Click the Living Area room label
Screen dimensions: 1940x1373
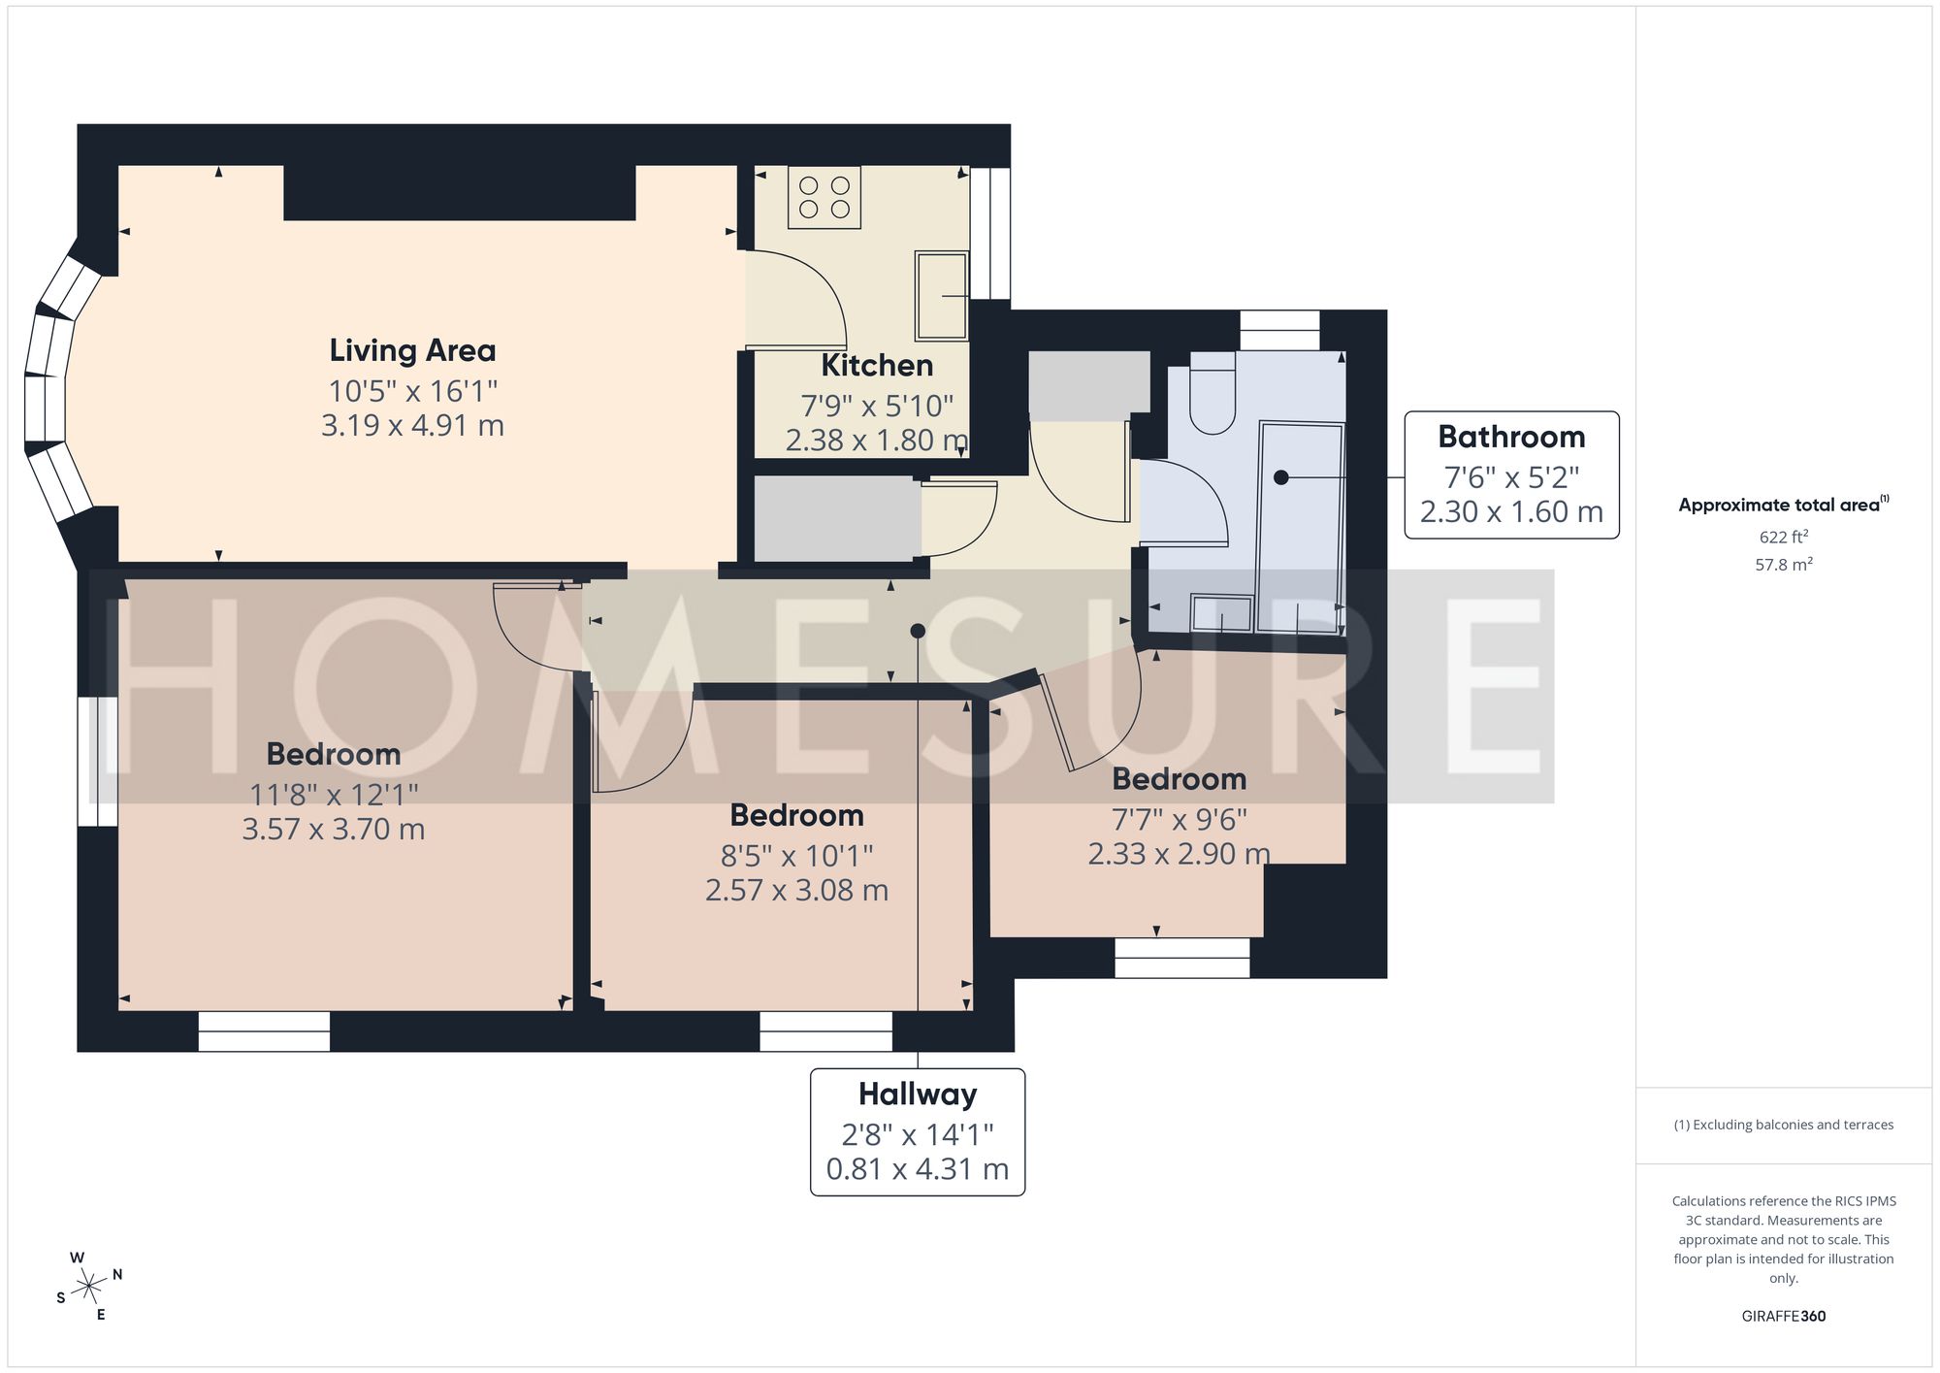[x=412, y=350]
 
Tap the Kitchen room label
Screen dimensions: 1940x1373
[x=877, y=366]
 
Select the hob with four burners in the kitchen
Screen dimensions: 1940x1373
[x=824, y=197]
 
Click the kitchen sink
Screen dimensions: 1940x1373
[x=941, y=296]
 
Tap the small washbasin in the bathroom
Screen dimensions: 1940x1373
[x=1221, y=613]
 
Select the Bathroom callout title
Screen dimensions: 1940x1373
[x=1511, y=437]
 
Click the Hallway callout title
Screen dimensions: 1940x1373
[x=918, y=1095]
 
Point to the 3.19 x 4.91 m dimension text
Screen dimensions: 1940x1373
[x=412, y=426]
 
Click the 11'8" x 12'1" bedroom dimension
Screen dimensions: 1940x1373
[x=334, y=795]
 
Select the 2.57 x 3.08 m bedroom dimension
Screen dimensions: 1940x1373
[x=796, y=890]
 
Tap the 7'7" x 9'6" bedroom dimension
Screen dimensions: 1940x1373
[x=1179, y=820]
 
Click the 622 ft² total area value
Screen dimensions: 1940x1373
[x=1784, y=537]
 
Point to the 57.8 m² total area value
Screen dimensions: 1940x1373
[x=1784, y=564]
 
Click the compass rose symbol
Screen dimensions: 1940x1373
[x=89, y=1288]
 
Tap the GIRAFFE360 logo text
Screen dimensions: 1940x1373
[x=1784, y=1316]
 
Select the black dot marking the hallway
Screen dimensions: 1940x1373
[x=918, y=631]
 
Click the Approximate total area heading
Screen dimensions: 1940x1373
[x=1784, y=505]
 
